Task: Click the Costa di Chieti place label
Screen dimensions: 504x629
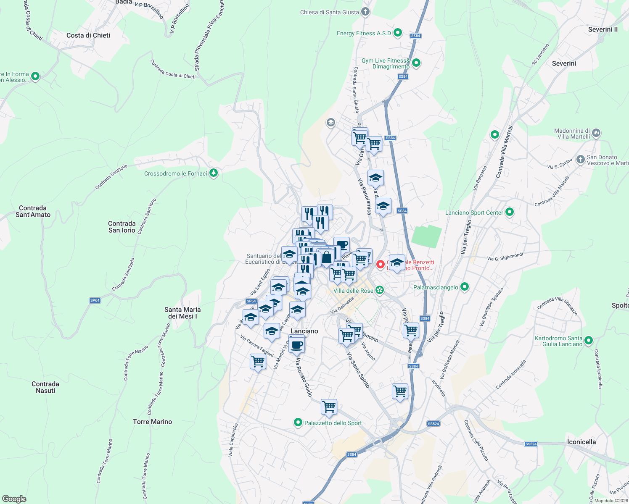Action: click(x=88, y=35)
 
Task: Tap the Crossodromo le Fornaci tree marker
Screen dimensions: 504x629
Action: click(x=214, y=173)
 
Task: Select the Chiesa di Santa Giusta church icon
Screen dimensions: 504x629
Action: click(x=365, y=12)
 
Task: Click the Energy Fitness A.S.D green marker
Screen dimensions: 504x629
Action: click(x=398, y=33)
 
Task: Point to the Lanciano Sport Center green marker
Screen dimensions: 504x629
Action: click(x=510, y=212)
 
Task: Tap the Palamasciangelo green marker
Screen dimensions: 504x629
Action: click(x=465, y=287)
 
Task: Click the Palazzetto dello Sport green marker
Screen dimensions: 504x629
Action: click(x=298, y=423)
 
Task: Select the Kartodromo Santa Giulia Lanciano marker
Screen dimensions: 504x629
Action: click(x=589, y=341)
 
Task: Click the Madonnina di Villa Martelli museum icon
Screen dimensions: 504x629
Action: click(x=596, y=134)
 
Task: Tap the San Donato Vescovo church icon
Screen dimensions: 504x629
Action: click(x=581, y=159)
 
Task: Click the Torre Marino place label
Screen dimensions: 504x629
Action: click(x=152, y=422)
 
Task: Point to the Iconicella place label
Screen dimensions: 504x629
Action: click(x=581, y=442)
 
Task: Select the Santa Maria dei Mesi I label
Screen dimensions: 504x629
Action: click(x=182, y=313)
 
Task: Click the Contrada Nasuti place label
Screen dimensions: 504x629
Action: click(x=45, y=387)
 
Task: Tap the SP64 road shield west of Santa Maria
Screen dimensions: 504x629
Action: click(x=95, y=300)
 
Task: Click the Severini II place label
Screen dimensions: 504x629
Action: click(x=603, y=29)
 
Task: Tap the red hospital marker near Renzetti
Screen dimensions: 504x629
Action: click(x=381, y=264)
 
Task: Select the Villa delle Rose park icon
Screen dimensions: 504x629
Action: click(x=380, y=290)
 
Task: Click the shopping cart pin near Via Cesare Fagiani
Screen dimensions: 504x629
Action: click(x=258, y=361)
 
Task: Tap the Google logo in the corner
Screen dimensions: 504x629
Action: click(x=14, y=499)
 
